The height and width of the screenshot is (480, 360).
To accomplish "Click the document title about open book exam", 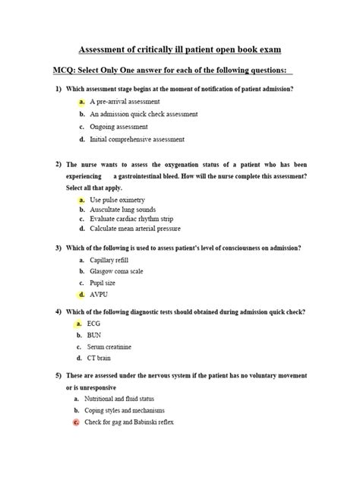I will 180,49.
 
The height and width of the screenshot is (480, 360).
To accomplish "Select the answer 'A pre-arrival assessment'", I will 125,101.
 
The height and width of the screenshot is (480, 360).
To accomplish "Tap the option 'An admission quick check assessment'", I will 144,114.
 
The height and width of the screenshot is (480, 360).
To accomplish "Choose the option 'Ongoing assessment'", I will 118,127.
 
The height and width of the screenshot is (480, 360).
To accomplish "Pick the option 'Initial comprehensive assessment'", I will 137,140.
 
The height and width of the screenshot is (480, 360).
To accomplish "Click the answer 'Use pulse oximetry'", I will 117,199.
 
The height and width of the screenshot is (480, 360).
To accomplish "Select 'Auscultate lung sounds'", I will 122,209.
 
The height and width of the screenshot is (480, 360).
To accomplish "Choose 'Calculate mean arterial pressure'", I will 135,229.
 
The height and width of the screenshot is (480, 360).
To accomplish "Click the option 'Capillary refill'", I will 112,260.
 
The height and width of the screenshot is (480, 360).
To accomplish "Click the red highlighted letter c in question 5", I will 76,422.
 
